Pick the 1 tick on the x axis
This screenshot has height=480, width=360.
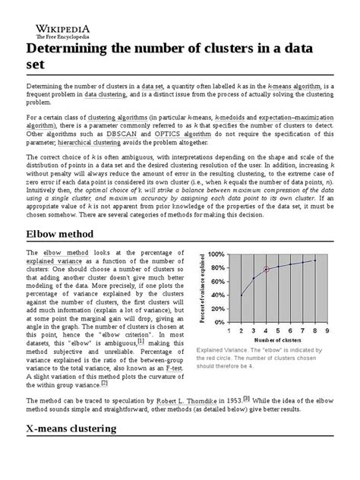(x=229, y=331)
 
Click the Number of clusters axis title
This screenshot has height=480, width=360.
(x=277, y=341)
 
